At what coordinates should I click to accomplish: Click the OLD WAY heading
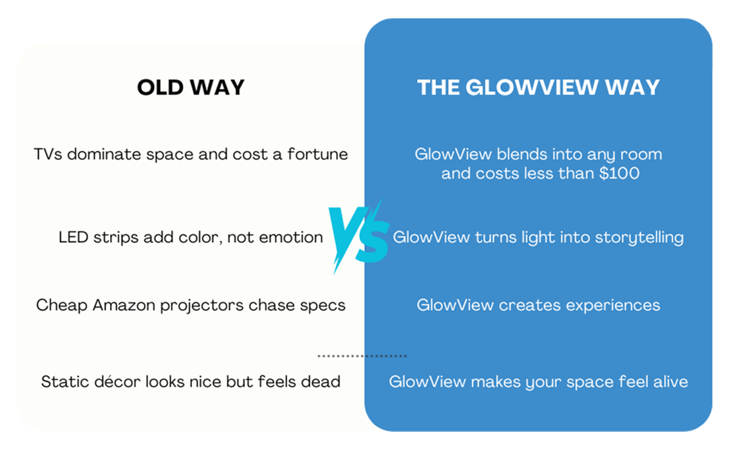tap(190, 88)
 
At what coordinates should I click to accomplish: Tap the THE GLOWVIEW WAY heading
tap(539, 88)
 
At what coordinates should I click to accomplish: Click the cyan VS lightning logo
tap(358, 237)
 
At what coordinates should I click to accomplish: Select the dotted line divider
tap(362, 356)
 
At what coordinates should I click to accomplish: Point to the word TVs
tap(48, 154)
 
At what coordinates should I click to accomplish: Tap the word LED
tap(74, 237)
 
